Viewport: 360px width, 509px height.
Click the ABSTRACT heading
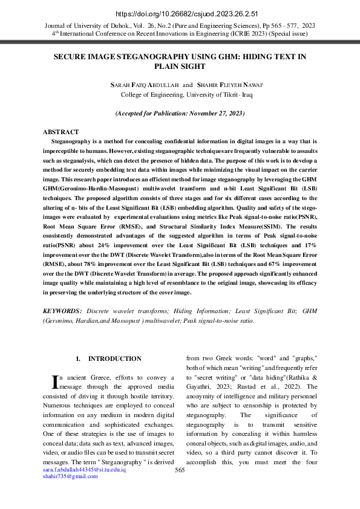pyautogui.click(x=61, y=132)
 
